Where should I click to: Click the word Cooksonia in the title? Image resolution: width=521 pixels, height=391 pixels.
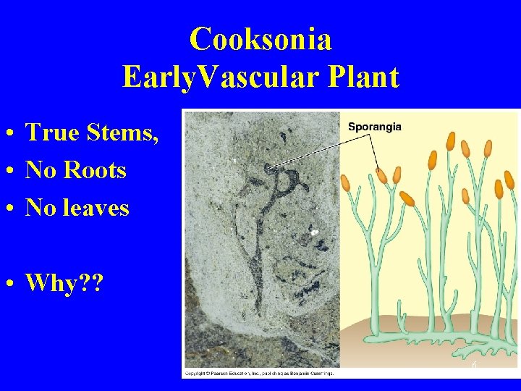[260, 40]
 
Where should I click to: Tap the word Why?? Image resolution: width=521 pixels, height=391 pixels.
[64, 283]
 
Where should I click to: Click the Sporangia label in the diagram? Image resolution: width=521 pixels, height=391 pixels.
[374, 127]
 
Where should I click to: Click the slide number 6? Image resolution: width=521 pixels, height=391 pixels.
[474, 366]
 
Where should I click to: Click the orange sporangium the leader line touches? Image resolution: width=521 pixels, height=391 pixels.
[382, 175]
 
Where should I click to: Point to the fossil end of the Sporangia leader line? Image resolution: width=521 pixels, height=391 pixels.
[268, 168]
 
